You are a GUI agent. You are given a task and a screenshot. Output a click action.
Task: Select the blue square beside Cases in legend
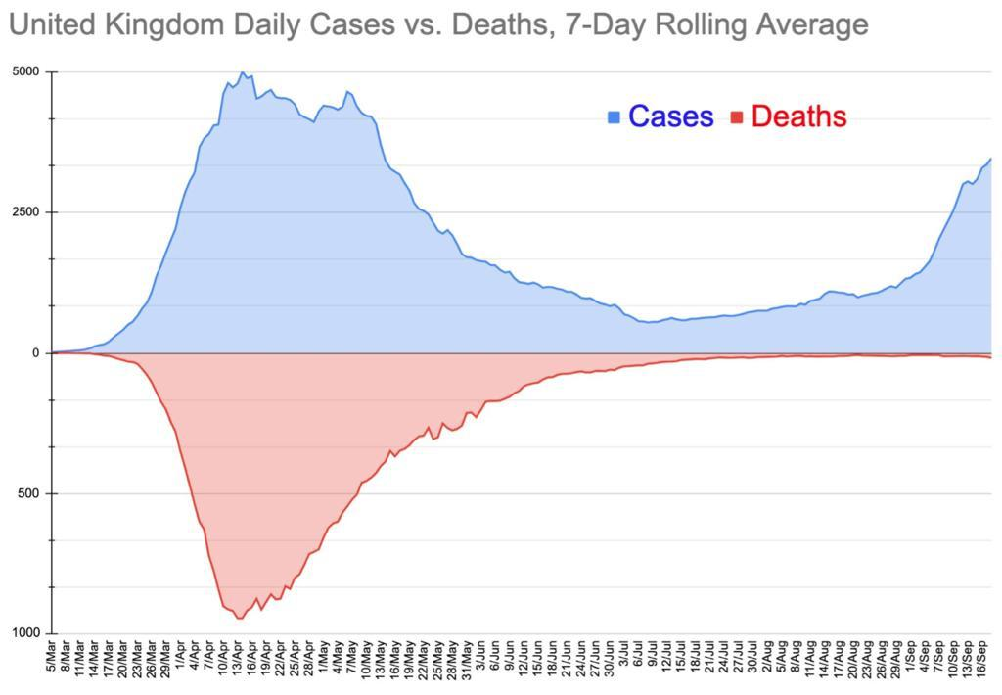[614, 117]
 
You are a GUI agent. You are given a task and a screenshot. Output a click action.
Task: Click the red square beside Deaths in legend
[737, 117]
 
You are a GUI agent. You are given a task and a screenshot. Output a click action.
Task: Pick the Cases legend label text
[670, 116]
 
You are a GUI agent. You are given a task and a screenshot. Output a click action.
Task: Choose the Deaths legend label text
[798, 116]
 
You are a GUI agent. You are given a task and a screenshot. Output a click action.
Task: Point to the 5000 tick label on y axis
[26, 72]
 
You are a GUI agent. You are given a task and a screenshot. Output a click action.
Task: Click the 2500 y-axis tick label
[26, 212]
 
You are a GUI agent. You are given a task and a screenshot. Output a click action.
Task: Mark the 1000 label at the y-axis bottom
[26, 634]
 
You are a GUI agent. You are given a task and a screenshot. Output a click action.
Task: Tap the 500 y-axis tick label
[30, 493]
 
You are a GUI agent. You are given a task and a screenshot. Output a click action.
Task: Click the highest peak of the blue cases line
[243, 72]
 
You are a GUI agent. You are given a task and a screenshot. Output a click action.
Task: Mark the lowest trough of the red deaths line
[240, 618]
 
